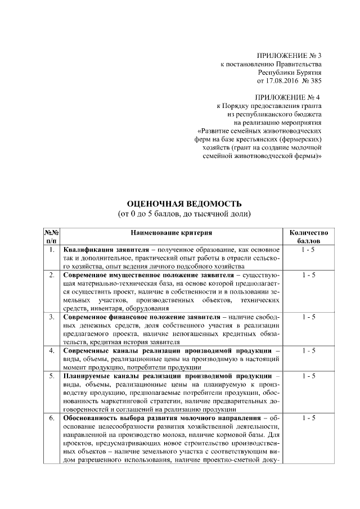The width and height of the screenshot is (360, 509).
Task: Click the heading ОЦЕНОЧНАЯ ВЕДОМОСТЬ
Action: pos(184,203)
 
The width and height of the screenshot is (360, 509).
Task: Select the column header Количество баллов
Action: pos(308,236)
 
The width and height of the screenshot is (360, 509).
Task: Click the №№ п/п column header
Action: pos(52,236)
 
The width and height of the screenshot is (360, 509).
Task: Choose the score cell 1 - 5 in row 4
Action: pos(308,350)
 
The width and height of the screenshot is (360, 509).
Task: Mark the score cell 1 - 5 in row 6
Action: pos(308,418)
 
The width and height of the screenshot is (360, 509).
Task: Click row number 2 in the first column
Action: pos(52,274)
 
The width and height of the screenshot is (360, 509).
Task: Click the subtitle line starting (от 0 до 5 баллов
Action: pos(184,214)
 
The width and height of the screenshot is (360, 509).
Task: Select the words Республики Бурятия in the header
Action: pos(290,73)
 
